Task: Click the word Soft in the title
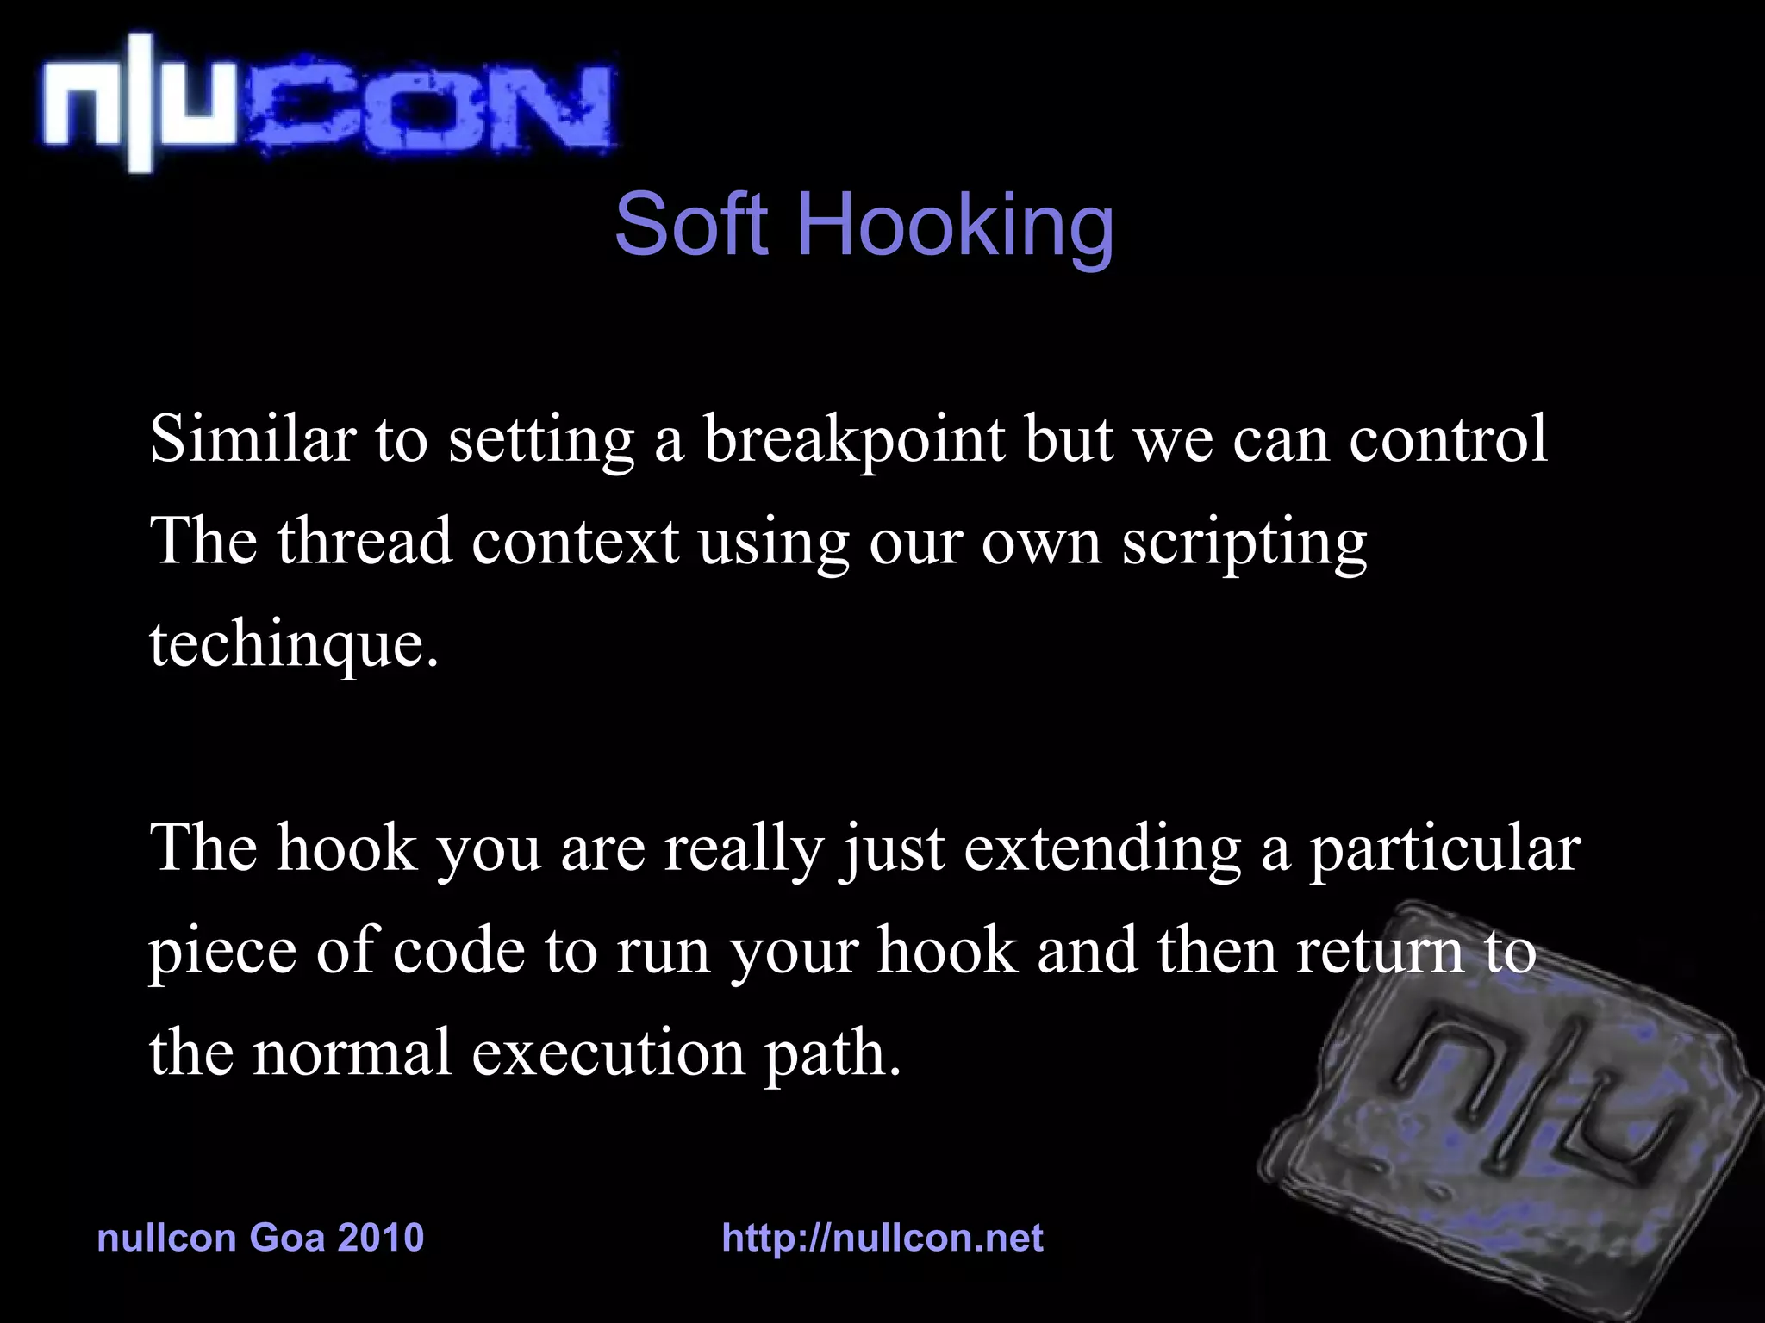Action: tap(690, 225)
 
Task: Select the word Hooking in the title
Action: tap(956, 227)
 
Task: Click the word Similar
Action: tap(253, 439)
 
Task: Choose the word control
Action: tap(1448, 439)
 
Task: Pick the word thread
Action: tap(365, 542)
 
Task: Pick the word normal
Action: tap(352, 1053)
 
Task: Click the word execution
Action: tap(608, 1053)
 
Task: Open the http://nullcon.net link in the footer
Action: tap(882, 1238)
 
